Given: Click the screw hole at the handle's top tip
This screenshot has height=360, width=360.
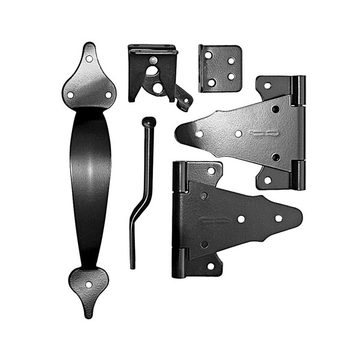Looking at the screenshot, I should coord(89,59).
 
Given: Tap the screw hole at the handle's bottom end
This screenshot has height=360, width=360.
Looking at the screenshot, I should coord(89,285).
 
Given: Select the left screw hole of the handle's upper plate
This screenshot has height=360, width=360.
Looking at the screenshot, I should coord(70,95).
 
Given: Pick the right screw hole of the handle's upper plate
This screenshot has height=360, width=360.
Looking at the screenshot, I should coord(109,95).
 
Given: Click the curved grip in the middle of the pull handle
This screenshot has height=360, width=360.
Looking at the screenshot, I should coord(90,180).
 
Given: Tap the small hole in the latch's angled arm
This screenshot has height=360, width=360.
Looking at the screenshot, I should coord(185,100).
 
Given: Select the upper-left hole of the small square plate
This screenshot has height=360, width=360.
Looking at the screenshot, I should coord(208,55).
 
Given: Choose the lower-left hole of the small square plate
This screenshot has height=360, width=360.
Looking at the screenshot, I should coord(211,82).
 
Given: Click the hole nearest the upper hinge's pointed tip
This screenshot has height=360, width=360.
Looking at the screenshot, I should coord(199,133).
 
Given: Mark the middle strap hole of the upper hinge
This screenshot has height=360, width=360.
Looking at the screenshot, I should coord(238,133).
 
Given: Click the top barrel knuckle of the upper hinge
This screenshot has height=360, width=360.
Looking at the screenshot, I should coord(298,90).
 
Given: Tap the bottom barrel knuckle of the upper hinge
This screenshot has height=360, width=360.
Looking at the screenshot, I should coord(298,175).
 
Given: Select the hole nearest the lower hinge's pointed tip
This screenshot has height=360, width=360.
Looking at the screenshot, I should coord(278,218).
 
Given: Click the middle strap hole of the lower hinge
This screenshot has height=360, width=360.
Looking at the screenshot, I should coord(241,219).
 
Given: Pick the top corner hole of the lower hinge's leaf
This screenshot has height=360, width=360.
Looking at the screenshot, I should coord(211,171).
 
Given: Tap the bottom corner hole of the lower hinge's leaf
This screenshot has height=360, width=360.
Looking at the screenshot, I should coord(211,266).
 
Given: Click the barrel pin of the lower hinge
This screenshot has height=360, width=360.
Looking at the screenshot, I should coord(179,219).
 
